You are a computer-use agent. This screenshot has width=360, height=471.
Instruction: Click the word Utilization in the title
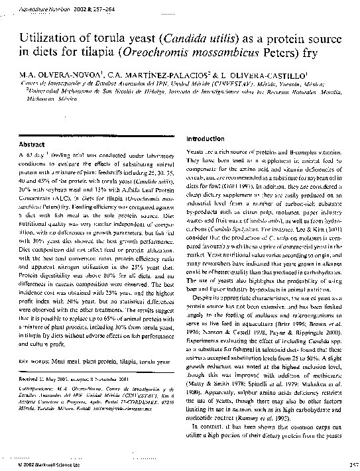tap(46, 40)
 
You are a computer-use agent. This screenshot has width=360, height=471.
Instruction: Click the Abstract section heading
tap(32, 144)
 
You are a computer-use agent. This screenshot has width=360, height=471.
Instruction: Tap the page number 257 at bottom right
tap(351, 465)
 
